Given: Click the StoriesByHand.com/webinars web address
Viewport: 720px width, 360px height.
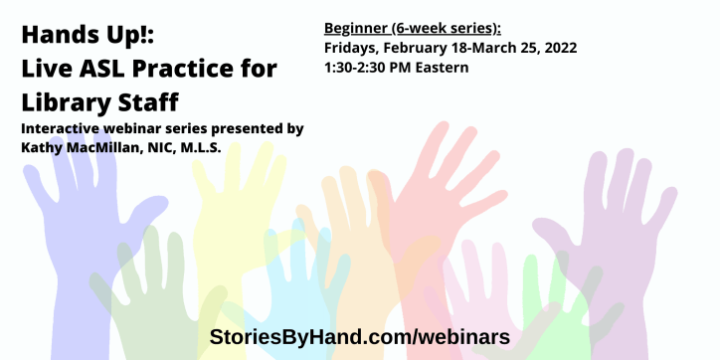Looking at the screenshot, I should (x=359, y=336).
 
